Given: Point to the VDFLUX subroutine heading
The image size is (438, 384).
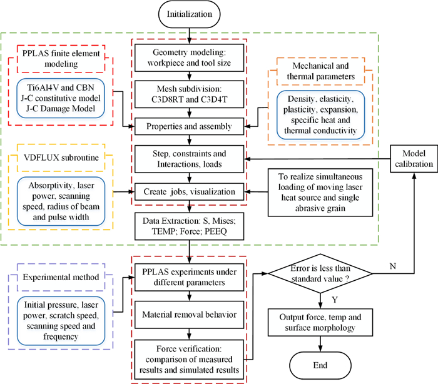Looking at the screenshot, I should pyautogui.click(x=52, y=158).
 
